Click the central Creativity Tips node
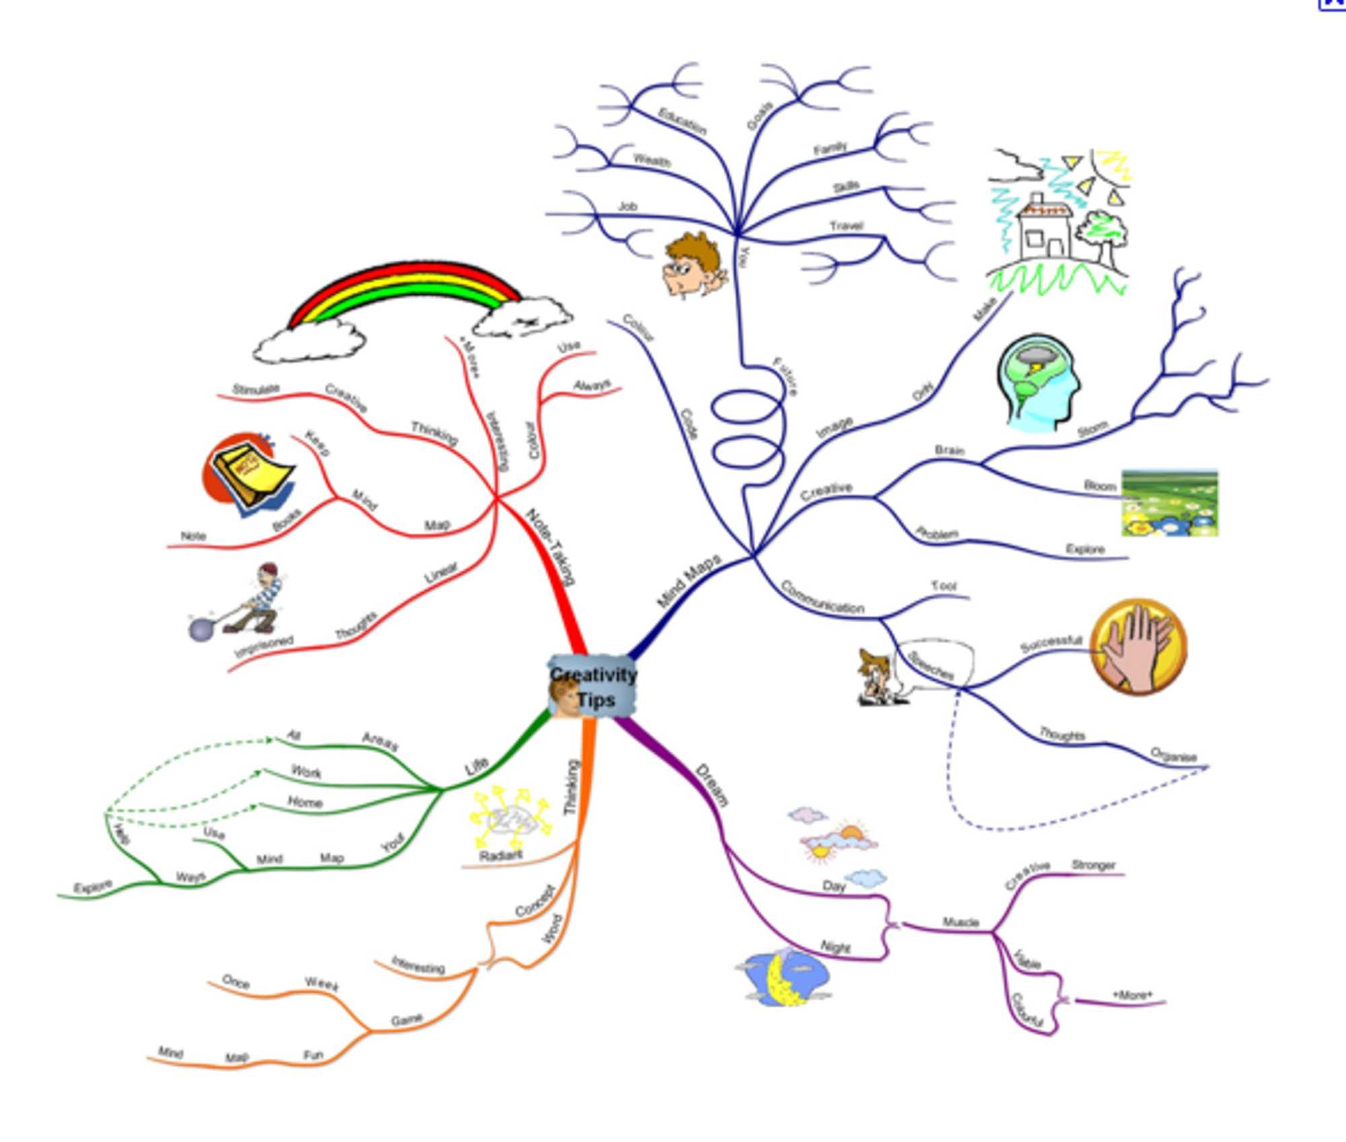click(592, 686)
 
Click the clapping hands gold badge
click(1138, 646)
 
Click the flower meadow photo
click(1169, 503)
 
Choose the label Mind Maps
click(688, 579)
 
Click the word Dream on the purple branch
click(712, 785)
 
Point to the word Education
click(682, 121)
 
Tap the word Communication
click(822, 597)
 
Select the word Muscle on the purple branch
click(960, 922)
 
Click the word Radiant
click(501, 855)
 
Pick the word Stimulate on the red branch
click(256, 389)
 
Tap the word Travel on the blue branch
click(846, 225)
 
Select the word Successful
click(1051, 643)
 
